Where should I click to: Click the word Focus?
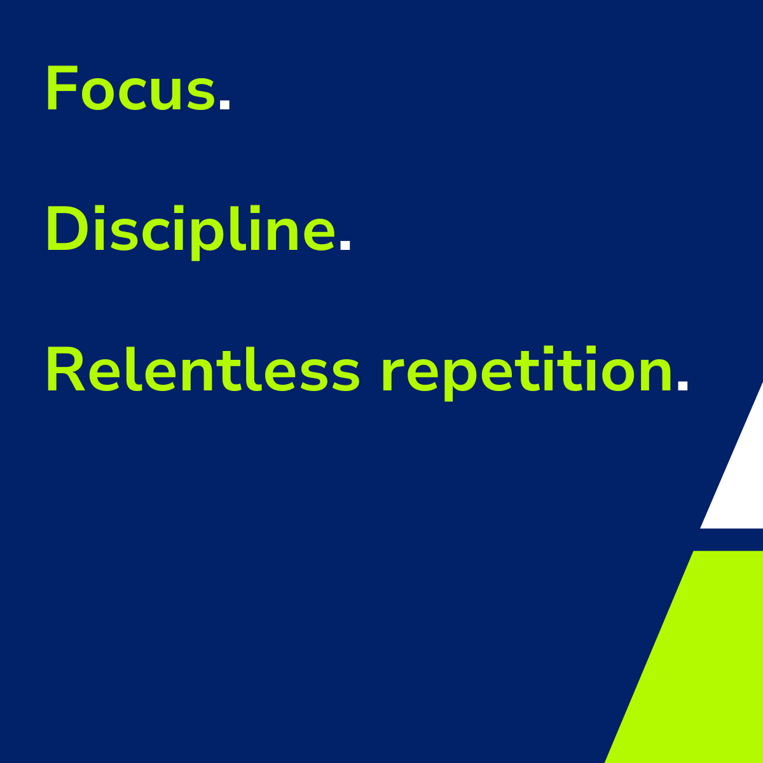131,88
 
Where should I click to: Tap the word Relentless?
203,369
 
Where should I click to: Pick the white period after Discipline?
345,244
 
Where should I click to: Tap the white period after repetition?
682,386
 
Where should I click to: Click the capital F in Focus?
62,88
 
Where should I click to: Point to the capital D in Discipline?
67,228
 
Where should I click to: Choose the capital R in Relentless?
65,369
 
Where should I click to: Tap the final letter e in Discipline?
319,233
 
